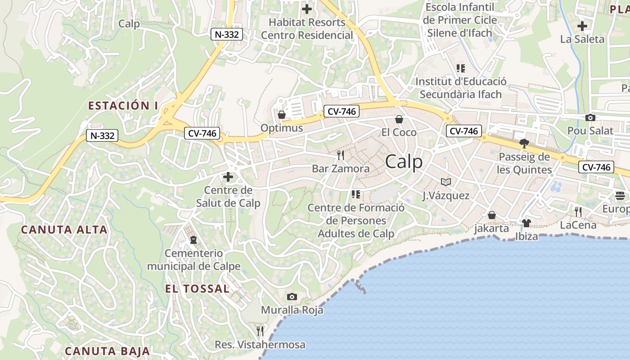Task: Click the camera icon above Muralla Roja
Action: [x=292, y=297]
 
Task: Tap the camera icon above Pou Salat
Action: [x=590, y=118]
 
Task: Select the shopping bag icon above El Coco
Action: [x=399, y=119]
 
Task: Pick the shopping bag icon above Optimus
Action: [x=282, y=115]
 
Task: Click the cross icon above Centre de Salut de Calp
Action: [x=228, y=177]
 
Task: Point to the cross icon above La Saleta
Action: [x=582, y=26]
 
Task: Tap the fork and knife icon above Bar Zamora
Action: [x=341, y=155]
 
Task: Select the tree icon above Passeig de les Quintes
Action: [x=524, y=144]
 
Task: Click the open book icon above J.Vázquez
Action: [x=445, y=182]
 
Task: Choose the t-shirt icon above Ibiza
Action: [x=526, y=223]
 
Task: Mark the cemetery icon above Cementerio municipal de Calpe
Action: [x=193, y=240]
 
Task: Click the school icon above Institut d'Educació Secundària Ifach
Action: [x=460, y=68]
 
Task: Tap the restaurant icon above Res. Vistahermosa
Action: [x=260, y=331]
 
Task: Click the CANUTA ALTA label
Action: [x=64, y=229]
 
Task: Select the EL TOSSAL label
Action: [x=198, y=288]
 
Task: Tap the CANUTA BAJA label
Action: [x=107, y=351]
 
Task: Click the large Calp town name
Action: [x=404, y=162]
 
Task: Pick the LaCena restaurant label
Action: [x=578, y=225]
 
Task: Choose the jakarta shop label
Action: [x=491, y=228]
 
